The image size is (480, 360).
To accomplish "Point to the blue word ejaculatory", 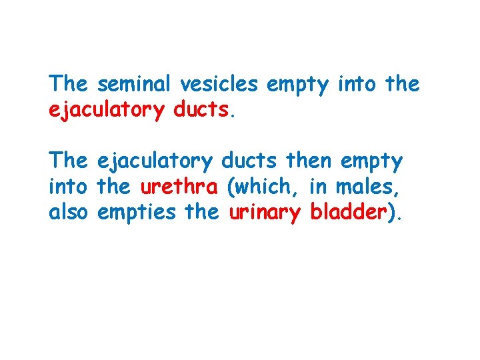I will pos(155,161).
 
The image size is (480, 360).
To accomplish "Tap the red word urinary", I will pos(265,213).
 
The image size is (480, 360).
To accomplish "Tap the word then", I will pos(309,160).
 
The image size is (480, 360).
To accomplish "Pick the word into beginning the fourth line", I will pos(69,187).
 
